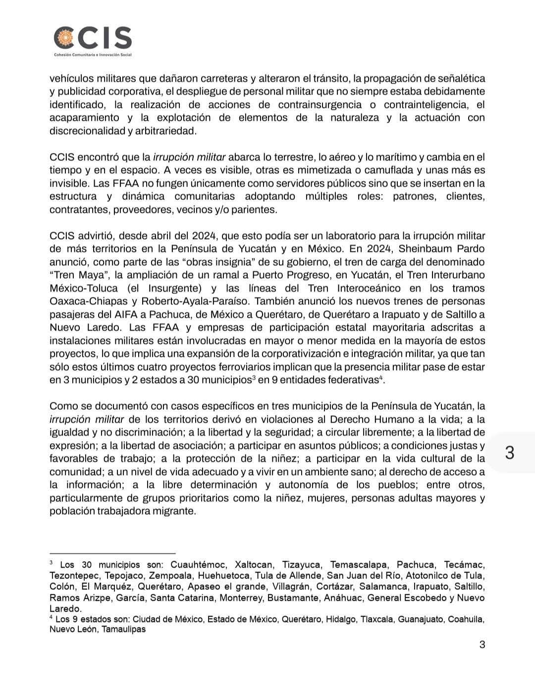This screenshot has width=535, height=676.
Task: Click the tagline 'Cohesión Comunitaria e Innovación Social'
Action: (93, 54)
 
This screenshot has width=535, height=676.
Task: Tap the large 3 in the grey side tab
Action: (510, 452)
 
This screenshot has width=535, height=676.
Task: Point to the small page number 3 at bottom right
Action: (482, 644)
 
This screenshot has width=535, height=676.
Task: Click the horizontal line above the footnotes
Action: (112, 553)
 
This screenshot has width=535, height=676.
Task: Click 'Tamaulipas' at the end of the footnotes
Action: (124, 629)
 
